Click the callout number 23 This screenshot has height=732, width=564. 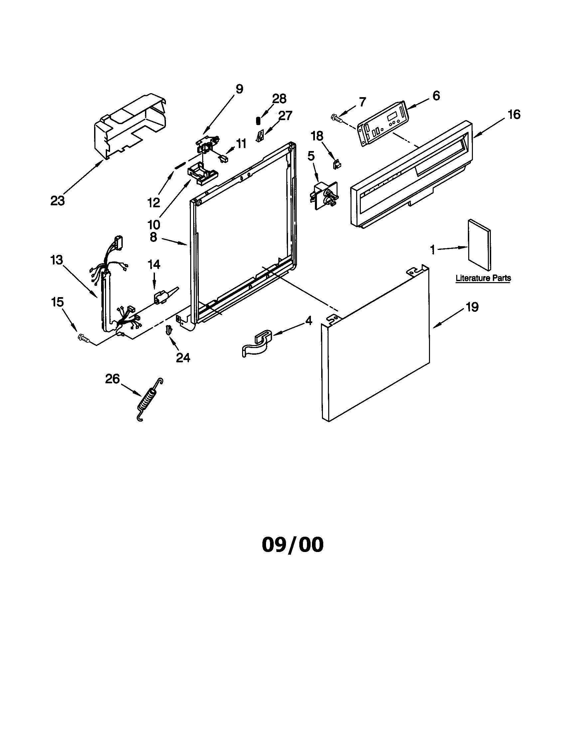point(57,201)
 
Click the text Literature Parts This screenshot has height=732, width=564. point(483,278)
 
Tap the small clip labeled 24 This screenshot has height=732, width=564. point(169,330)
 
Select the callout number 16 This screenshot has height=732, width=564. point(514,115)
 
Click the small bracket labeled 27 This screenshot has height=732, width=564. point(260,136)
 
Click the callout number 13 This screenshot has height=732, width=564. point(57,260)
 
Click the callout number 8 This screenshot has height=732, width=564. point(153,237)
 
